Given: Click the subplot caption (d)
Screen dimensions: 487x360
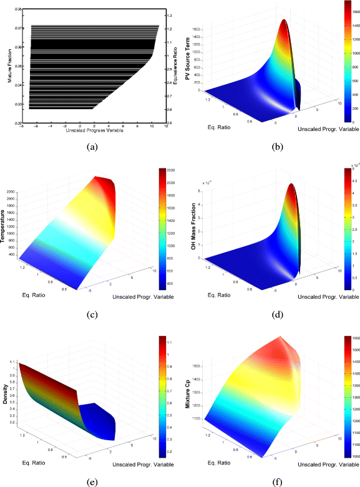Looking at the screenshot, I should pyautogui.click(x=270, y=314).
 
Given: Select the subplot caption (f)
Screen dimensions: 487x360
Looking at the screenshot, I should pyautogui.click(x=270, y=481).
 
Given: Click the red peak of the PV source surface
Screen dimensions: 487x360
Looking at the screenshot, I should pyautogui.click(x=284, y=22).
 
